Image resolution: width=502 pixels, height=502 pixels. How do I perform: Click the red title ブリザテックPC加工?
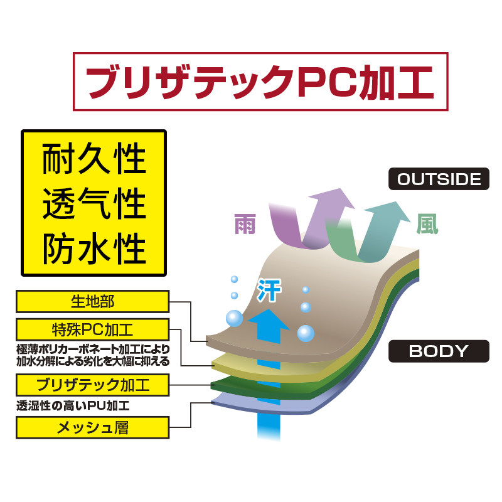(x=260, y=82)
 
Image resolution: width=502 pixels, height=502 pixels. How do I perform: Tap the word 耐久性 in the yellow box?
(x=94, y=160)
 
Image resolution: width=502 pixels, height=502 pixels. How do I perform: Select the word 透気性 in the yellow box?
(x=94, y=204)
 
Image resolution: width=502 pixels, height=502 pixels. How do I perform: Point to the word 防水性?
(x=94, y=248)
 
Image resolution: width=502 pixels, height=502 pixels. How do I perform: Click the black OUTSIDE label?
(x=439, y=179)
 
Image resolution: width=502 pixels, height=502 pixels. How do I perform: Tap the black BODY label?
(x=439, y=351)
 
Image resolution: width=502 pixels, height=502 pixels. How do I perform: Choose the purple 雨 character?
(x=245, y=224)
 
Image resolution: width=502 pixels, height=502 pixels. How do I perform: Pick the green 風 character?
(x=427, y=224)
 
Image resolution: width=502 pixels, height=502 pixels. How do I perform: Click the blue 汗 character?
(x=269, y=290)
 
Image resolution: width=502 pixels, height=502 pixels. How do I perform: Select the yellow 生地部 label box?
(x=92, y=301)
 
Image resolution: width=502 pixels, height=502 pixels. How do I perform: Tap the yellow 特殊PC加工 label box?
(x=92, y=329)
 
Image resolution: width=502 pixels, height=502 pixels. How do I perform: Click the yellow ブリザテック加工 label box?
(x=92, y=385)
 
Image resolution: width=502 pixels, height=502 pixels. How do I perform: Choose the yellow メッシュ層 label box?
(x=92, y=428)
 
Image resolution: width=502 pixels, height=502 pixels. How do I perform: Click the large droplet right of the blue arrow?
(x=306, y=333)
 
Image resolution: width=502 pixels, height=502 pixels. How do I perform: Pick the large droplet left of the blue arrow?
(x=234, y=318)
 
